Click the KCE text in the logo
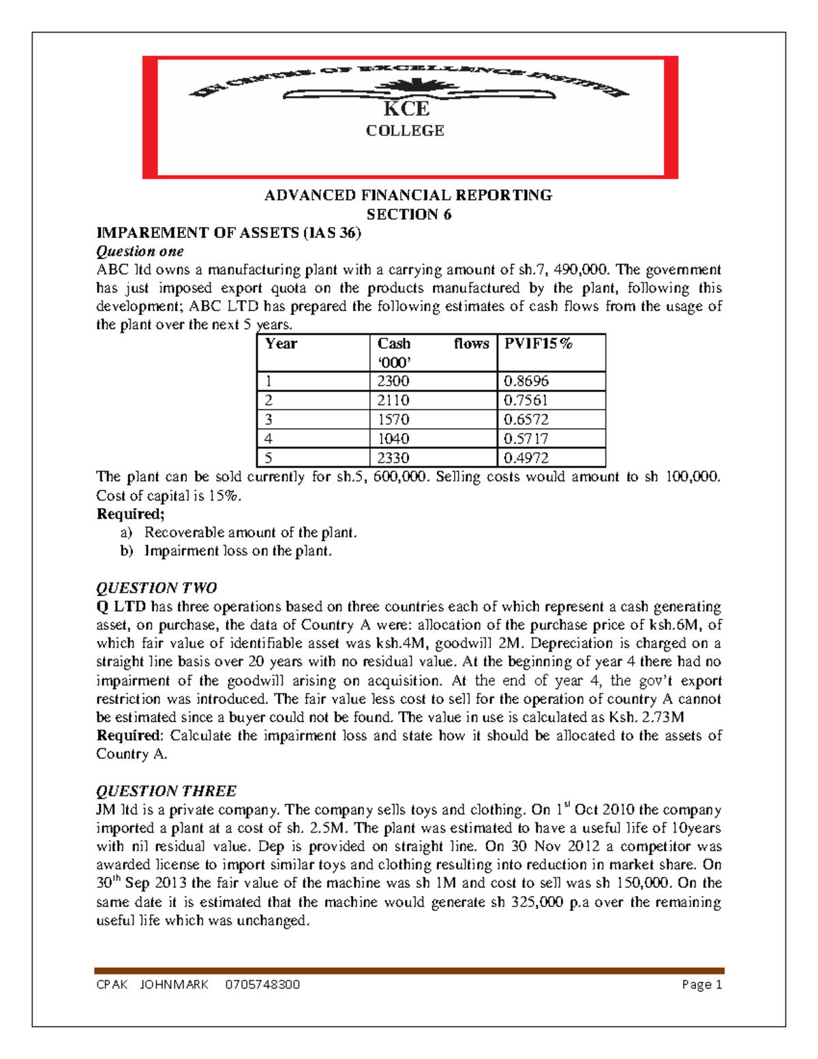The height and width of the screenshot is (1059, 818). (406, 109)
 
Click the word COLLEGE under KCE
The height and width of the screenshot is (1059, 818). (405, 130)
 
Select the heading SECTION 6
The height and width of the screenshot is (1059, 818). (408, 214)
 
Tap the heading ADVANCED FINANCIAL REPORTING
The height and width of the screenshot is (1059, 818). (408, 195)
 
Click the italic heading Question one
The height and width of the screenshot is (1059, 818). (140, 251)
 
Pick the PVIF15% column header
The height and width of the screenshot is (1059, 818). (538, 344)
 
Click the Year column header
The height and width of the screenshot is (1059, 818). (281, 344)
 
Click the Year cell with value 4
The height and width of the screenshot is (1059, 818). (269, 438)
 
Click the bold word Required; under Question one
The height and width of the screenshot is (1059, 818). (130, 513)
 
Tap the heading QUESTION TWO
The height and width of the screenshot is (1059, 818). (156, 588)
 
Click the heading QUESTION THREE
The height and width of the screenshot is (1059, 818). (166, 791)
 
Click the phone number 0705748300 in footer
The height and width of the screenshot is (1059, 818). (262, 985)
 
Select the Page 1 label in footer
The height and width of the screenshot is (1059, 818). (701, 985)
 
